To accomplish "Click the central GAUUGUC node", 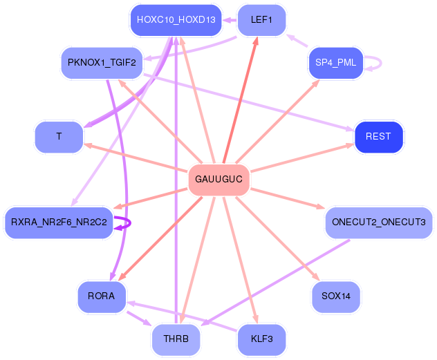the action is pyautogui.click(x=218, y=180).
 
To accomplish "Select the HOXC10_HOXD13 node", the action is pyautogui.click(x=176, y=20).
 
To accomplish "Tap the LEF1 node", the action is pyautogui.click(x=261, y=20).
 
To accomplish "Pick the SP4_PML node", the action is pyautogui.click(x=336, y=63).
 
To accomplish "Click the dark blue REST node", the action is pyautogui.click(x=379, y=137).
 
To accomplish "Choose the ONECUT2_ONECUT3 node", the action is pyautogui.click(x=379, y=222).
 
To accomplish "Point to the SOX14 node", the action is pyautogui.click(x=336, y=296).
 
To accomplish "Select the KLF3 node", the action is pyautogui.click(x=261, y=339).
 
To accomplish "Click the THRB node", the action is pyautogui.click(x=176, y=339).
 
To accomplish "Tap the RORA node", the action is pyautogui.click(x=102, y=296).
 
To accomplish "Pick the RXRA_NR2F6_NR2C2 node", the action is pyautogui.click(x=59, y=222).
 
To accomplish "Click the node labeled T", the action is pyautogui.click(x=59, y=137).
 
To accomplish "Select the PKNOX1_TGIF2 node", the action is pyautogui.click(x=102, y=63).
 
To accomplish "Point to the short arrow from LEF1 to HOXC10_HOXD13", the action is pyautogui.click(x=230, y=20).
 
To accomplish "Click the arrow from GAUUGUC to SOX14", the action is pyautogui.click(x=277, y=238).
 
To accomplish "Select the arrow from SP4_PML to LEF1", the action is pyautogui.click(x=297, y=40).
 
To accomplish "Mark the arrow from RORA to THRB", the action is pyautogui.click(x=139, y=319).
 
